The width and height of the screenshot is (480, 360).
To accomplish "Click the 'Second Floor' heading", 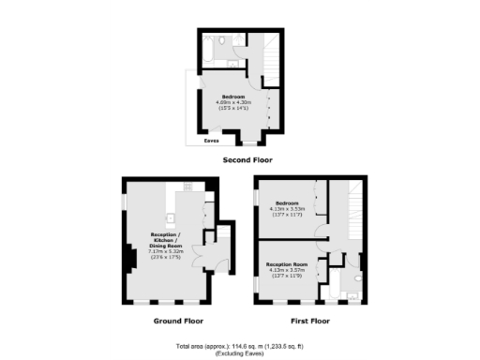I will (x=247, y=160).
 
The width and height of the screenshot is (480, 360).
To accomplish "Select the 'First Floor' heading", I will (x=311, y=321).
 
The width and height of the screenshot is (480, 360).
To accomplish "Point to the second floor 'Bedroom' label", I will (x=233, y=97).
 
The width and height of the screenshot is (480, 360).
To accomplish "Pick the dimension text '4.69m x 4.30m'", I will (x=233, y=102).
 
